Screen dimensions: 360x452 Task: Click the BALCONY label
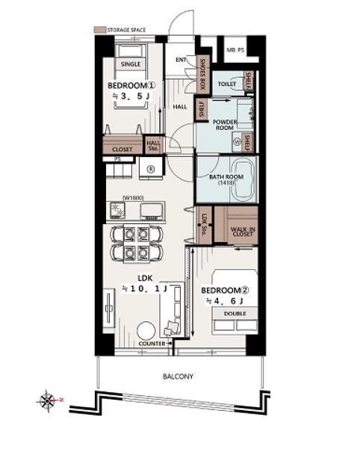[x=178, y=377]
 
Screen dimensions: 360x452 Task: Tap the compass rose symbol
[x=47, y=400]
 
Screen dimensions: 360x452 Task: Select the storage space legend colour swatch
[x=100, y=30]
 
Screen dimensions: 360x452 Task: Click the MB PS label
[x=235, y=50]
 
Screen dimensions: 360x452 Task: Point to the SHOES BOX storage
[x=202, y=74]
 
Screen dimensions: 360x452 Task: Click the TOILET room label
[x=227, y=84]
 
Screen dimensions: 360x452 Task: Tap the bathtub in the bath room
[x=243, y=179]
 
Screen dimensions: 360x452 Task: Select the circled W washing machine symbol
[x=238, y=142]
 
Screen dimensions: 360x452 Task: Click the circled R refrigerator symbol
[x=151, y=169]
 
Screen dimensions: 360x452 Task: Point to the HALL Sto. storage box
[x=154, y=145]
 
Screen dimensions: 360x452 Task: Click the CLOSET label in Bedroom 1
[x=122, y=149]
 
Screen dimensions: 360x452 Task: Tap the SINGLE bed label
[x=131, y=64]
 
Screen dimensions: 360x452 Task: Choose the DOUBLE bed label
[x=235, y=313]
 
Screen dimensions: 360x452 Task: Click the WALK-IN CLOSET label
[x=243, y=232]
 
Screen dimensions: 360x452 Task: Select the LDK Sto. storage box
[x=205, y=225]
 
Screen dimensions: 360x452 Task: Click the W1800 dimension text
[x=133, y=198]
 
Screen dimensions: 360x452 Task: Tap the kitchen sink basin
[x=152, y=210]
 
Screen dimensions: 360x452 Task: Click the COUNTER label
[x=152, y=344]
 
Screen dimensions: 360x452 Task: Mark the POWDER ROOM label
[x=225, y=125]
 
